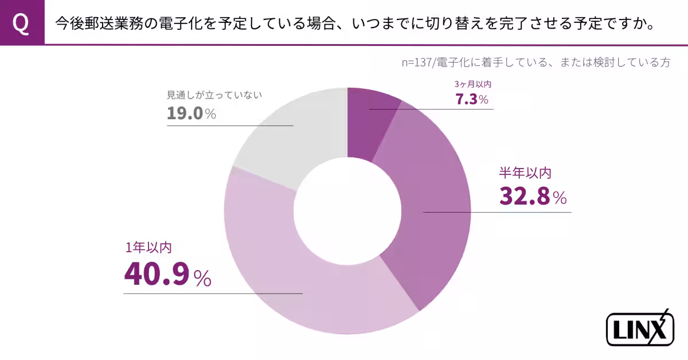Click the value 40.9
[157, 275]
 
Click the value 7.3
[466, 99]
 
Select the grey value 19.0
[185, 113]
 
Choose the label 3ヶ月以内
[472, 84]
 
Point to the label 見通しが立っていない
[214, 95]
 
